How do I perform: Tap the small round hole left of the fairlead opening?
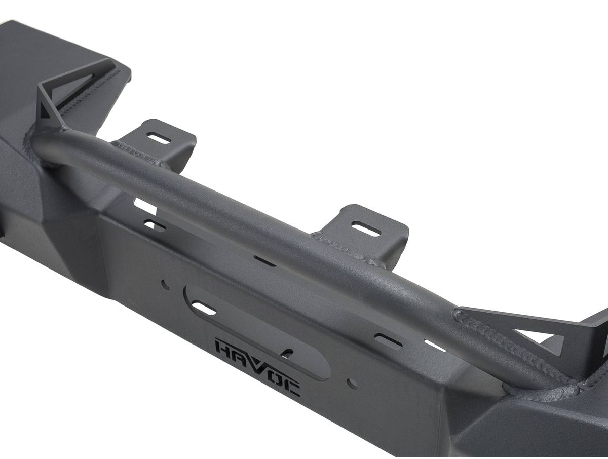[x=165, y=284]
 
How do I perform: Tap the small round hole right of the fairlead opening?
[x=353, y=383]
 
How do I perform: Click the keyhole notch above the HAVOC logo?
[x=287, y=353]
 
